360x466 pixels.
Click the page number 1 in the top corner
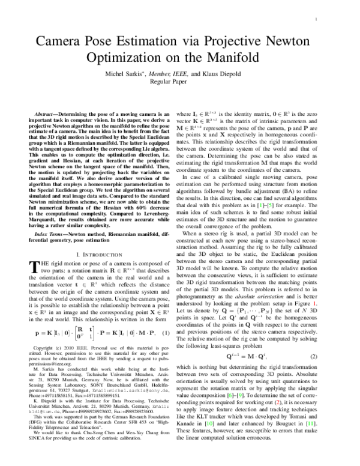pyautogui.click(x=316, y=20)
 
